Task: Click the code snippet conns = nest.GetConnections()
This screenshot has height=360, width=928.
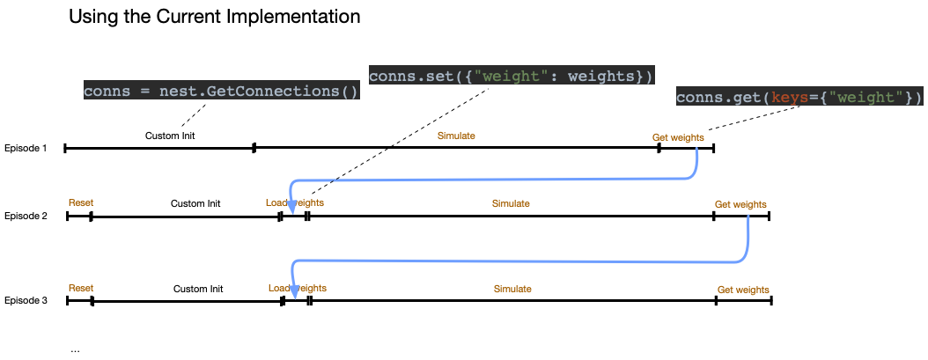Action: click(x=221, y=91)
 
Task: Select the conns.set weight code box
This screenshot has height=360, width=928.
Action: click(x=511, y=76)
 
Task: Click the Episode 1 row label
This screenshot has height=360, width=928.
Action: click(x=26, y=148)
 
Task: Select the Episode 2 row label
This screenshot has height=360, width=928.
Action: click(x=26, y=216)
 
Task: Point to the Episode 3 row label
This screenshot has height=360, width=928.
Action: click(x=26, y=301)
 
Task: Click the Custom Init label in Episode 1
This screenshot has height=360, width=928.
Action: click(x=169, y=136)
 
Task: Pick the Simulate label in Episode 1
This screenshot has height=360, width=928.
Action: click(x=456, y=136)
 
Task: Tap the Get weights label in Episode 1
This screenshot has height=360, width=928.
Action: click(x=677, y=137)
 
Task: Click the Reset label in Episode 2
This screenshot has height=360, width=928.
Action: click(x=81, y=202)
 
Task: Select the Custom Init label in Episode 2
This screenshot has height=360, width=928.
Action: click(x=195, y=203)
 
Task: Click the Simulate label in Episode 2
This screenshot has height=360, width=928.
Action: click(x=511, y=203)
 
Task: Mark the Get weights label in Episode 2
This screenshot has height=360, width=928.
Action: click(x=740, y=204)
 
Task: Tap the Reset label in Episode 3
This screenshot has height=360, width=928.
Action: click(x=81, y=288)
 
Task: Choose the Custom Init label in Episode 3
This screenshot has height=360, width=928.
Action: click(x=198, y=289)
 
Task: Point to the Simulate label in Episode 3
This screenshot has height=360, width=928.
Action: click(x=512, y=289)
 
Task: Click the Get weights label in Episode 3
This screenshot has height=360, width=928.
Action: click(x=743, y=290)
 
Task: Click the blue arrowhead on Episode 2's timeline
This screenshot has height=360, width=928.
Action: click(x=292, y=206)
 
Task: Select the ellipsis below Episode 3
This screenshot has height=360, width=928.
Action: click(x=75, y=349)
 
